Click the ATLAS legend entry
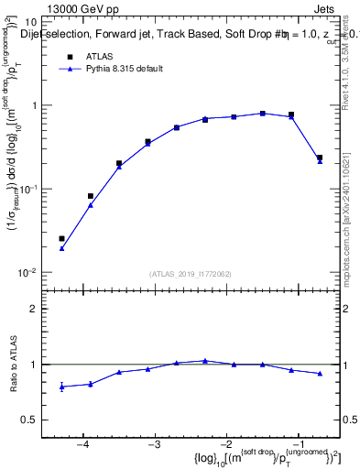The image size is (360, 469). (96, 56)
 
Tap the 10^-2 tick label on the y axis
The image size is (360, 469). (27, 272)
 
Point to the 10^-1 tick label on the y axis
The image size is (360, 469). (27, 189)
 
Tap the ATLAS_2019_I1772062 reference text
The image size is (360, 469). (190, 273)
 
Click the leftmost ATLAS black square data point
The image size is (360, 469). (61, 238)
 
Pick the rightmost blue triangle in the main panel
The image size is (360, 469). (320, 161)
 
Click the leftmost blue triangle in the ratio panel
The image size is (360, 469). (61, 387)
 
